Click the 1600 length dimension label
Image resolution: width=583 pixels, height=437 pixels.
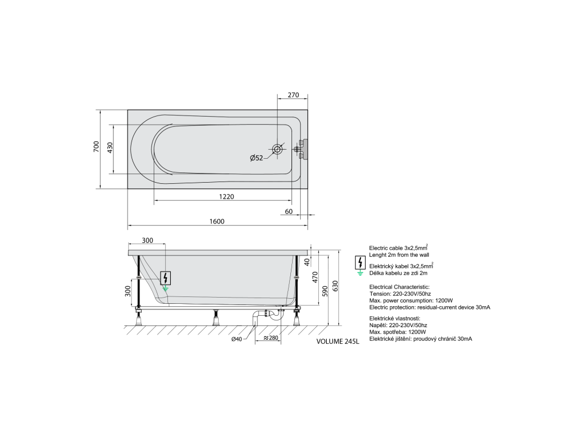point(217,221)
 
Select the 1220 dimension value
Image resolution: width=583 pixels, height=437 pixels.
point(227,196)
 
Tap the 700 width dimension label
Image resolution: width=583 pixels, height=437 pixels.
point(96,146)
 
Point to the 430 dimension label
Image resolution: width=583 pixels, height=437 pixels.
point(110,148)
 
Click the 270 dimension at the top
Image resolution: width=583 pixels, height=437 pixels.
point(293,95)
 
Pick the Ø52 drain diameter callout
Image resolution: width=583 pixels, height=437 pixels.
point(256,158)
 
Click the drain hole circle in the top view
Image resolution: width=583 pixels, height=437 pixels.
point(277,150)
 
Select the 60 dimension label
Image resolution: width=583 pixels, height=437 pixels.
point(289,212)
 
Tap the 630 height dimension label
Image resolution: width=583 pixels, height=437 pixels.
point(335,286)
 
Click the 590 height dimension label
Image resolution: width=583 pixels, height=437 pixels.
point(325,291)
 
